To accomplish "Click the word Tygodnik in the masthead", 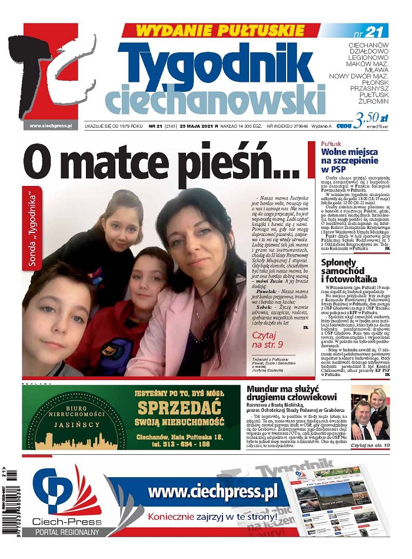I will tap(215, 64).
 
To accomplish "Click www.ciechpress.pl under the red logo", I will tap(50, 125).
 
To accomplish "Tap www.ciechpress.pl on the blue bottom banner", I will tap(212, 491).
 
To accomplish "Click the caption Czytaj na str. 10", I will tap(370, 446).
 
